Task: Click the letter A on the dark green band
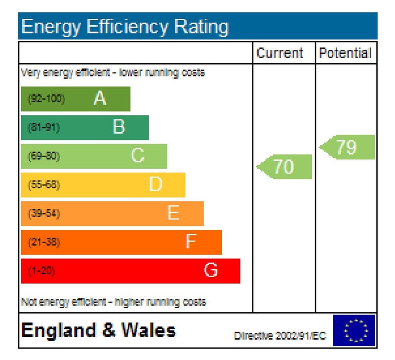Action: pos(100,99)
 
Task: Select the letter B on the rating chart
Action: pos(118,127)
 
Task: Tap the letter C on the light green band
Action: pos(137,156)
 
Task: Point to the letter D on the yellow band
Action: pos(156,184)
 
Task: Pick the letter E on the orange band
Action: pos(173,213)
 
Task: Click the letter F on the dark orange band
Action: pos(191,242)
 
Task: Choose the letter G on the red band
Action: pos(211,270)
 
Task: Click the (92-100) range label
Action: pos(46,99)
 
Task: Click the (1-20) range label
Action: pos(41,271)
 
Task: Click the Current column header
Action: pos(280,53)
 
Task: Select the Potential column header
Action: pos(345,53)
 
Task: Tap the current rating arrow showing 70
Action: pos(284,167)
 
